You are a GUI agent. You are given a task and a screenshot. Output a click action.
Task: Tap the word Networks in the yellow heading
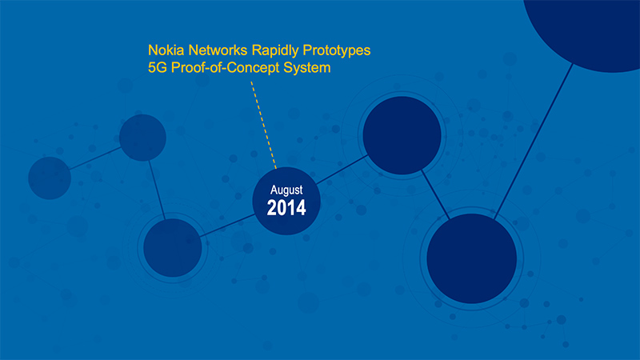pyautogui.click(x=218, y=50)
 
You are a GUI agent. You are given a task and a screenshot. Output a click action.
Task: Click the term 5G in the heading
pyautogui.click(x=158, y=68)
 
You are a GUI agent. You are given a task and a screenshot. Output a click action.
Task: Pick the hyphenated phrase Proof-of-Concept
pyautogui.click(x=226, y=68)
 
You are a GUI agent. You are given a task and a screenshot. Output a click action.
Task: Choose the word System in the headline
pyautogui.click(x=307, y=68)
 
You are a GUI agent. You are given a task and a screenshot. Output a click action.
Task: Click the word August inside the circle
pyautogui.click(x=286, y=190)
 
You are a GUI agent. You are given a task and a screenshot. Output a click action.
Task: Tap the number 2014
pyautogui.click(x=286, y=208)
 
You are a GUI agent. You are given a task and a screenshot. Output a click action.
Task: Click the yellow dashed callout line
pyautogui.click(x=264, y=125)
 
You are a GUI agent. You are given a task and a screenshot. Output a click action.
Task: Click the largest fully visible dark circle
pyautogui.click(x=472, y=258)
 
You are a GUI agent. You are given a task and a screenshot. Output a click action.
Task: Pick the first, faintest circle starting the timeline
pyautogui.click(x=50, y=178)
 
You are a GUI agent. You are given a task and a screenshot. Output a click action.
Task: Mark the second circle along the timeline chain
pyautogui.click(x=142, y=138)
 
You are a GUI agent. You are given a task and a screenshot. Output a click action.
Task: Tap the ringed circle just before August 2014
pyautogui.click(x=173, y=248)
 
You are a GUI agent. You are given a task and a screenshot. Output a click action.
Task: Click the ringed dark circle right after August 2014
pyautogui.click(x=402, y=135)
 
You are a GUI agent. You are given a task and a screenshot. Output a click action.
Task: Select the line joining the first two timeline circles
pyautogui.click(x=95, y=158)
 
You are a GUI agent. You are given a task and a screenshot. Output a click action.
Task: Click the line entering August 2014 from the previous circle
pyautogui.click(x=227, y=226)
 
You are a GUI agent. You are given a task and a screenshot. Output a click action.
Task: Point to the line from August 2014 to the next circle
pyautogui.click(x=342, y=170)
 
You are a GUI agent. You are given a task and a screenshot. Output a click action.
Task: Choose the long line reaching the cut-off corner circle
pyautogui.click(x=534, y=142)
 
